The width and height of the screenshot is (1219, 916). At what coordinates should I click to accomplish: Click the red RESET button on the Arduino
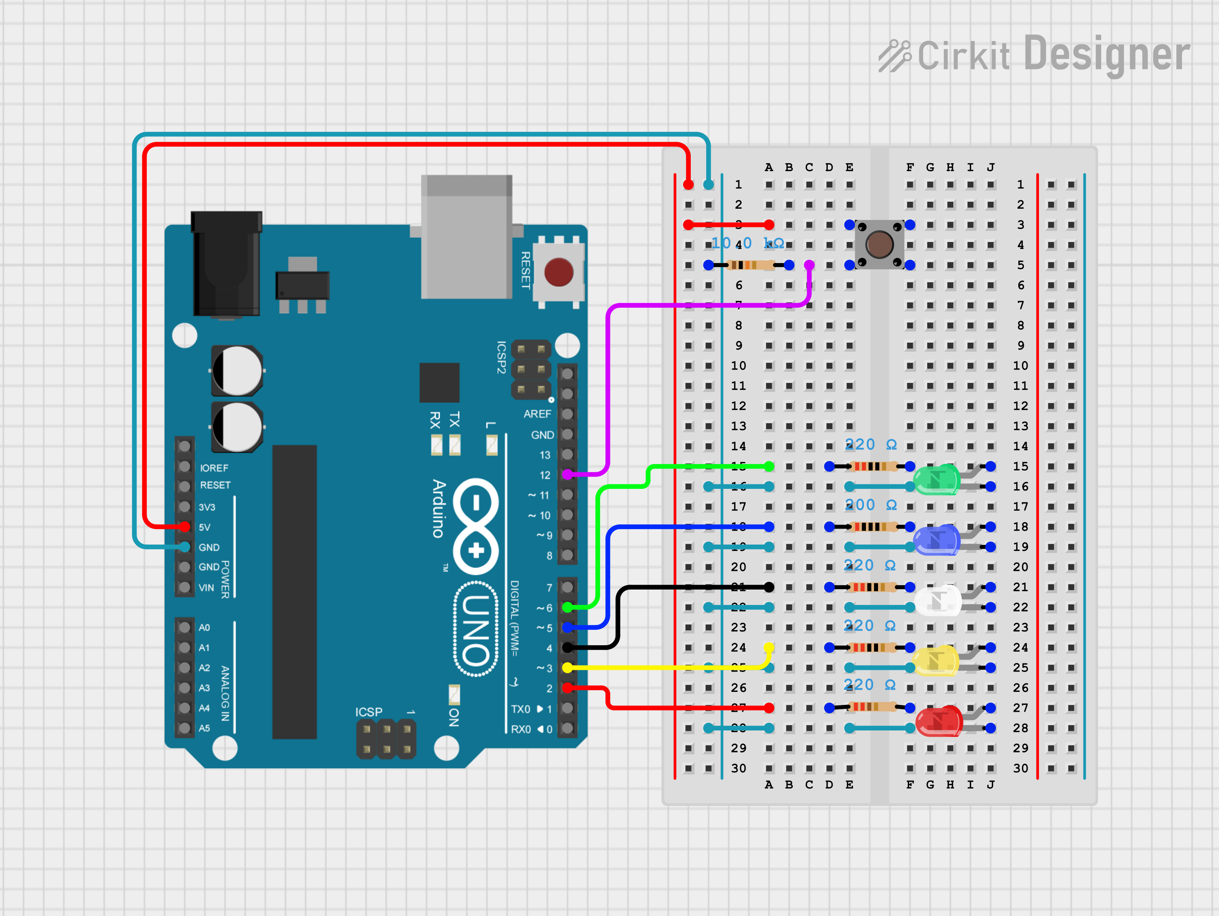[x=558, y=272]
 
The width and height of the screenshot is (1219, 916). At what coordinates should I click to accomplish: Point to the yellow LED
[x=936, y=661]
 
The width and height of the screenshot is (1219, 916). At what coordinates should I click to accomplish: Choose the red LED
[x=939, y=720]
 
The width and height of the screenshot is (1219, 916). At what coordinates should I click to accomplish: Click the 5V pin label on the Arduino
[x=204, y=527]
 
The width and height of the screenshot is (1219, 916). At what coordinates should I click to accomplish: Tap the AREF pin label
[x=537, y=414]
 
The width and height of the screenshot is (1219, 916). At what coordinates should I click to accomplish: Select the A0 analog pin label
[x=204, y=627]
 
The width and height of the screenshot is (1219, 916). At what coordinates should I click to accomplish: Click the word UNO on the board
[x=475, y=630]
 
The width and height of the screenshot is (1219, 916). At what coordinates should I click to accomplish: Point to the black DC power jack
[x=226, y=264]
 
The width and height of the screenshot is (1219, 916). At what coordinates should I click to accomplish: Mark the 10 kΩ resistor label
[x=747, y=243]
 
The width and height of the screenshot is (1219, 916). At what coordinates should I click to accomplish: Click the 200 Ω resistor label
[x=871, y=505]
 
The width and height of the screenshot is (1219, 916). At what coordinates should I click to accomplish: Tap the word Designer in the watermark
[x=1106, y=54]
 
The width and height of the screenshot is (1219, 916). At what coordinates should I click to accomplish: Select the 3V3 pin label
[x=207, y=507]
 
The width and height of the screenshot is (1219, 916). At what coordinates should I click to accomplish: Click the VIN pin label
[x=206, y=588]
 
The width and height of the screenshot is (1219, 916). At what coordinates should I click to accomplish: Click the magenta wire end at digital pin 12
[x=567, y=474]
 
